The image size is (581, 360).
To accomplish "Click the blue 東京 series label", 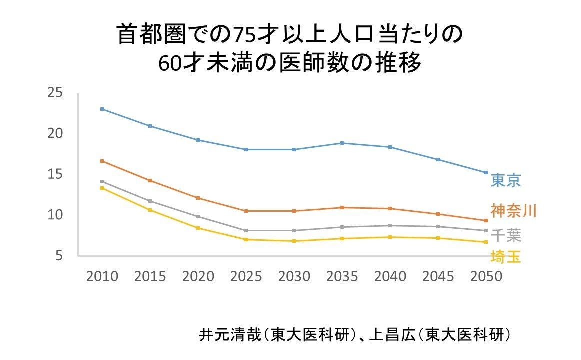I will [x=505, y=180].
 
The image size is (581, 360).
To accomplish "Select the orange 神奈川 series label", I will [x=513, y=211].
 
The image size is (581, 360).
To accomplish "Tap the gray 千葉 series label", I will [x=505, y=235].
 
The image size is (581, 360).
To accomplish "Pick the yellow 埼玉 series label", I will [x=505, y=257].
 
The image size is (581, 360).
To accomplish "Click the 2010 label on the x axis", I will [x=102, y=276].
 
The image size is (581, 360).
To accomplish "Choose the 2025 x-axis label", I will [x=246, y=276].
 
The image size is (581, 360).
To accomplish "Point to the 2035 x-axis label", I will [x=342, y=276].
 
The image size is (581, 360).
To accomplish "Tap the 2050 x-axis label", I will [x=486, y=276].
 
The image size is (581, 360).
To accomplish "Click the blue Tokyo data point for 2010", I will [x=102, y=109].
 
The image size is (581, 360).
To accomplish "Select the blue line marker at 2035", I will [x=342, y=143].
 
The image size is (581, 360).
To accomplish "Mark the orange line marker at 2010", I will [x=102, y=161].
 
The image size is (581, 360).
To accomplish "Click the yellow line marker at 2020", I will [x=198, y=228].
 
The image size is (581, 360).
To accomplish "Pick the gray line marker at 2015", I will [x=150, y=201].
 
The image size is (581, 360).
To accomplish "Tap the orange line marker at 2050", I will [x=486, y=220].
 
